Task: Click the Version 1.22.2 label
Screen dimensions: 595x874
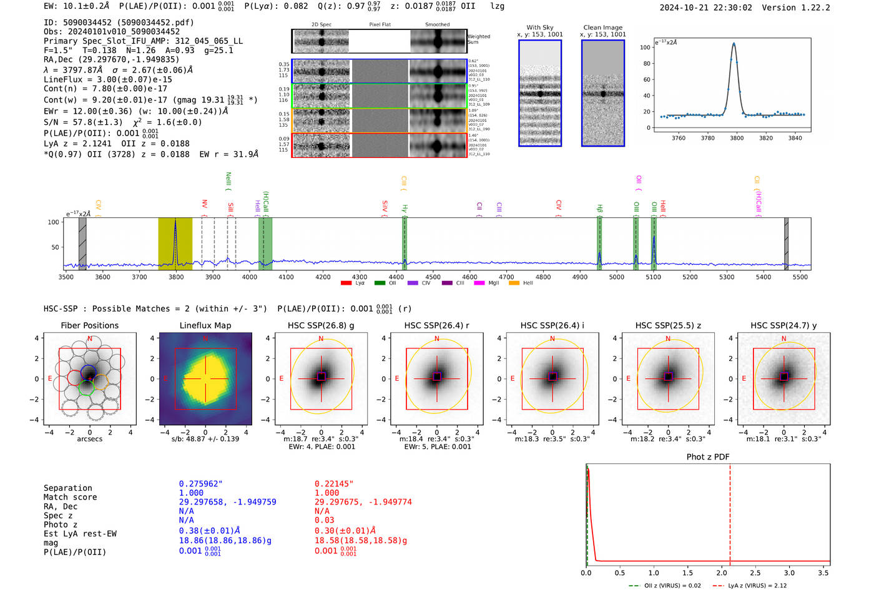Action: [805, 7]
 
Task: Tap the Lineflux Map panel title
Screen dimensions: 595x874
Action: [205, 325]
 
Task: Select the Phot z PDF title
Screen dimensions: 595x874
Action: [707, 456]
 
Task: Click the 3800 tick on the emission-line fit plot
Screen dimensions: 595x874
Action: [737, 138]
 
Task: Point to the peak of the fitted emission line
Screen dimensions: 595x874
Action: [734, 44]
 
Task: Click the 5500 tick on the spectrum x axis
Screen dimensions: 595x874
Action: [800, 277]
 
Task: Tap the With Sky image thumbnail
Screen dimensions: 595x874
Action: [540, 94]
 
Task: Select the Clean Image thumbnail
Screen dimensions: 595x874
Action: [602, 94]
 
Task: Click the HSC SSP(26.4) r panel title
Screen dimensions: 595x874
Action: [436, 325]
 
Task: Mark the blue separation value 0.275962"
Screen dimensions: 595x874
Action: [200, 484]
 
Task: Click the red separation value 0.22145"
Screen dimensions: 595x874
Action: [333, 484]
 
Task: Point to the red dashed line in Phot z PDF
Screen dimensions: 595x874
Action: [730, 512]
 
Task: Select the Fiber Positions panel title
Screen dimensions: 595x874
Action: [89, 325]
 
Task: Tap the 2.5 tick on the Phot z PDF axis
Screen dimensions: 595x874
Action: [755, 573]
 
